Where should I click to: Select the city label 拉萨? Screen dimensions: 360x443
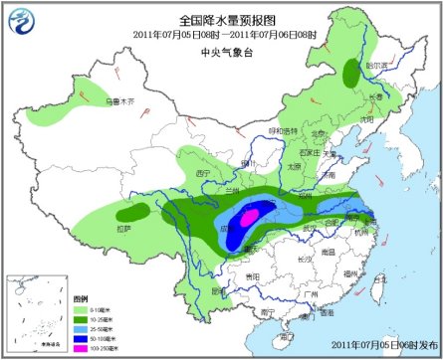coord(122,228)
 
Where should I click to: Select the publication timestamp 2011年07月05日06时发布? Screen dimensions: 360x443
coord(382,345)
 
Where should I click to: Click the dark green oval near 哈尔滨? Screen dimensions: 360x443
coord(351,71)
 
